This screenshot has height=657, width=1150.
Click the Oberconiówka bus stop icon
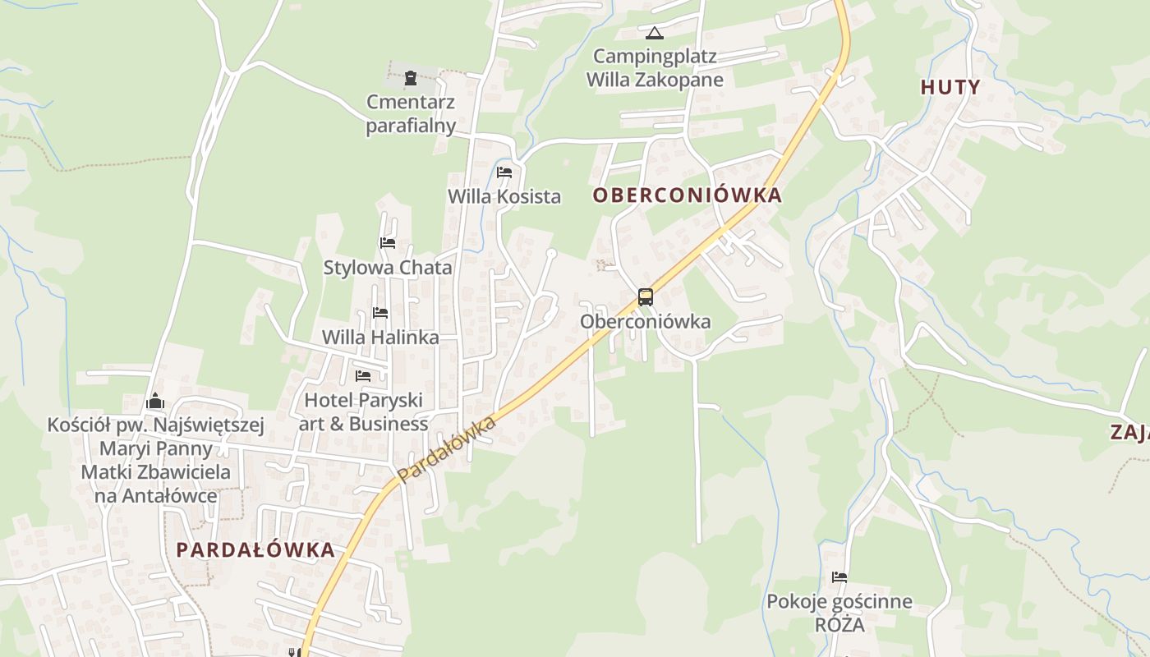coord(646,297)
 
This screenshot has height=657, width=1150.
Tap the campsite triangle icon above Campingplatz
coord(654,33)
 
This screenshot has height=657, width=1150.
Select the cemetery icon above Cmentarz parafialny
coord(410,78)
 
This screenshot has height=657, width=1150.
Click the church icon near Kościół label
coord(155,402)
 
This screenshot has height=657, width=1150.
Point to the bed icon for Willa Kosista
coord(504,172)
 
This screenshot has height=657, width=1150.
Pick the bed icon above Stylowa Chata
coord(388,243)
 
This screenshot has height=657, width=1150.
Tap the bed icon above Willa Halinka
coord(380,313)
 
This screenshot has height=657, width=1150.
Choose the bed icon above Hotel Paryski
coord(363,376)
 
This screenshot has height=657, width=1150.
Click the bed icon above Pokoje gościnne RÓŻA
coord(839,577)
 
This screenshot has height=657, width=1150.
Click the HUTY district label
coord(950,87)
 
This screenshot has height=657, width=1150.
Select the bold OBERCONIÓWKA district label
coord(687,195)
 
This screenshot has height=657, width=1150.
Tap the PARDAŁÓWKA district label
coord(255,549)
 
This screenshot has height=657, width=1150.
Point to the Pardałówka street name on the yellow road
coord(448,449)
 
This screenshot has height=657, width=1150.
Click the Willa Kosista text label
coord(504,196)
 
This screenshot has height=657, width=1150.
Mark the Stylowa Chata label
coord(388,267)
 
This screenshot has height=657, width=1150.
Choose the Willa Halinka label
coord(380,337)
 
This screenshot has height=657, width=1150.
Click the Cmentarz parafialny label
coord(411,114)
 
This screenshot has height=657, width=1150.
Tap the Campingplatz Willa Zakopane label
coord(655,68)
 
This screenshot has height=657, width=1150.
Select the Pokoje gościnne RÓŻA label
coord(839,613)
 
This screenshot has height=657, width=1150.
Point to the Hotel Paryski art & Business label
coord(363,411)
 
